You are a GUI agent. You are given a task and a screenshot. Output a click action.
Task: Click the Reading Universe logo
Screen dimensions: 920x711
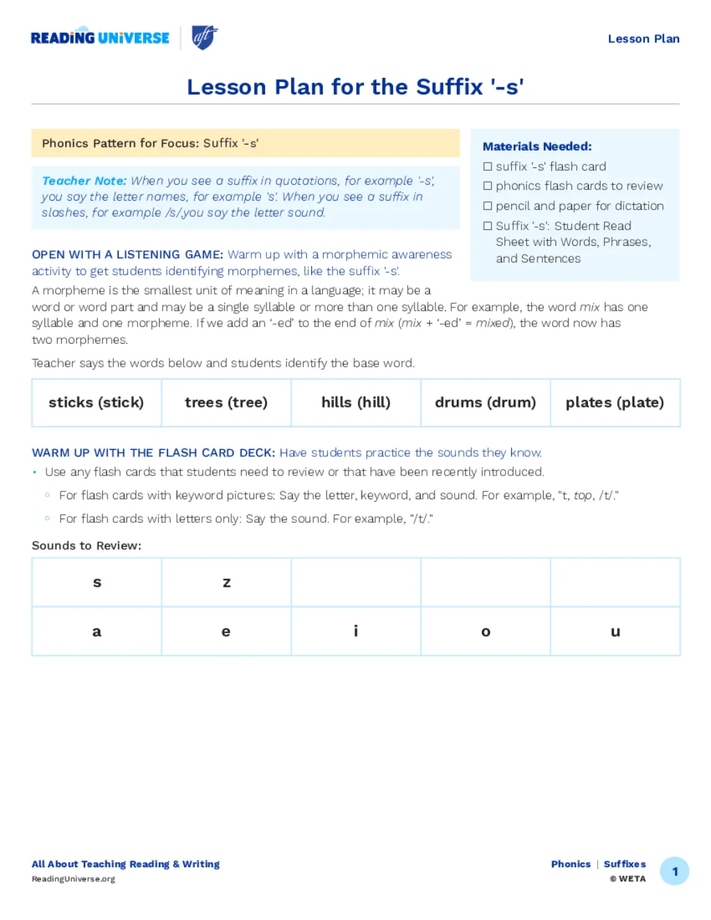pos(100,37)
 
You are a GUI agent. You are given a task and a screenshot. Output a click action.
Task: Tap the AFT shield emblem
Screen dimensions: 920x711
pos(204,37)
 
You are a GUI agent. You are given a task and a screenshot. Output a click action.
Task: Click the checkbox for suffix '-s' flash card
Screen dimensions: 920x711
pos(487,167)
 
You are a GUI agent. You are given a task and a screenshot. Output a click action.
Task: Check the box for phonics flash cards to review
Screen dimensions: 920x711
pos(487,186)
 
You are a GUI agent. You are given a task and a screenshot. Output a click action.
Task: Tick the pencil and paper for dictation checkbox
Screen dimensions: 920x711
pos(487,206)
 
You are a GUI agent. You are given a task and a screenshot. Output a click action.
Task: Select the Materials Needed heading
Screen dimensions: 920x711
pos(537,147)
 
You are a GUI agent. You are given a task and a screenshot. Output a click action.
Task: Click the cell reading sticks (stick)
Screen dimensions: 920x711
pos(97,403)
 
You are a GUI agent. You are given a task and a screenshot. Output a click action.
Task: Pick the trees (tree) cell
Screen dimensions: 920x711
pos(226,403)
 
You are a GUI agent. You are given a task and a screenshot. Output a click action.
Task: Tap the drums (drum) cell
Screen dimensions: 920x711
pos(485,403)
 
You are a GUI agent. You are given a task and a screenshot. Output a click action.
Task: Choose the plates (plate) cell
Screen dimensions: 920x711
pos(614,403)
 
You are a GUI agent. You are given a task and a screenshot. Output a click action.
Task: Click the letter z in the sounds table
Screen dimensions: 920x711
pos(226,583)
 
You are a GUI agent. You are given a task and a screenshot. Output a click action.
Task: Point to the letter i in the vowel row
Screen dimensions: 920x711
pos(355,631)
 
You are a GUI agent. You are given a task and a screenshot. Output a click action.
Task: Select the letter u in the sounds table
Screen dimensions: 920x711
pos(615,632)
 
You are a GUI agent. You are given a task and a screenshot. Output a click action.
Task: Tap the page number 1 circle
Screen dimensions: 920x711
pos(674,871)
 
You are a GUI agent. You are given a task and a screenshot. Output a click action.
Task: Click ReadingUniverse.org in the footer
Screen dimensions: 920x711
pos(74,879)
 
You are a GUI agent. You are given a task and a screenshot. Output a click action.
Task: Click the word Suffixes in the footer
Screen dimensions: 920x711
pos(624,864)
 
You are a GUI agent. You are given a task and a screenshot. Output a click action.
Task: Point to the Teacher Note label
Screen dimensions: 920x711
pos(84,181)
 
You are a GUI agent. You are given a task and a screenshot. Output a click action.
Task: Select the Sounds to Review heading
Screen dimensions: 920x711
pos(87,546)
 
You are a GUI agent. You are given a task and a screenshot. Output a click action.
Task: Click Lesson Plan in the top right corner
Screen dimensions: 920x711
pos(644,39)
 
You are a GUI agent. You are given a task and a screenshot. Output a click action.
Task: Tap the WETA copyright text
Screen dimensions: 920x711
pos(628,879)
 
